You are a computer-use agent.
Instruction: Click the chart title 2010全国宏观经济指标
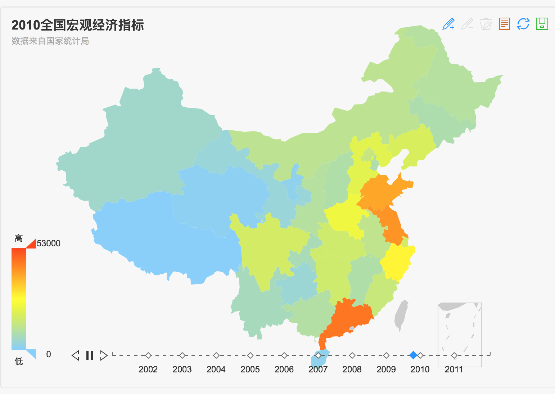point(78,25)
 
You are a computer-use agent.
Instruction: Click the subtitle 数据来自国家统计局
point(50,41)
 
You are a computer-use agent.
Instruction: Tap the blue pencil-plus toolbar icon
point(448,24)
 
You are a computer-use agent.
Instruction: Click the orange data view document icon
point(505,24)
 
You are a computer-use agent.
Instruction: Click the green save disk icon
point(542,24)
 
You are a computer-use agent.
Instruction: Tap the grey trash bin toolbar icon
point(486,24)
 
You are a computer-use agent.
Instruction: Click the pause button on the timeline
point(90,355)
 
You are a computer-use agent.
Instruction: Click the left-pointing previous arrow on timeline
point(75,355)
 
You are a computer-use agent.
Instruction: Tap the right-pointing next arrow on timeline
point(104,355)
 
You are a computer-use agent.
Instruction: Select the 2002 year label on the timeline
point(148,369)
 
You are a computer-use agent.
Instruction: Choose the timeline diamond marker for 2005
point(250,355)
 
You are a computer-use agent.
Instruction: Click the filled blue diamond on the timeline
point(413,355)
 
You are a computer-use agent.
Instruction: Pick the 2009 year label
point(386,369)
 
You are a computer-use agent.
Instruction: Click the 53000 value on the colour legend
point(49,243)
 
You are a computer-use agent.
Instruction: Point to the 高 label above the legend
point(19,238)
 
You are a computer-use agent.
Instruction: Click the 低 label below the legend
point(19,361)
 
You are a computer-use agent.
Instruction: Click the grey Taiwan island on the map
point(401,315)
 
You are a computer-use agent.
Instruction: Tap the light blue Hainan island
point(320,358)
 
